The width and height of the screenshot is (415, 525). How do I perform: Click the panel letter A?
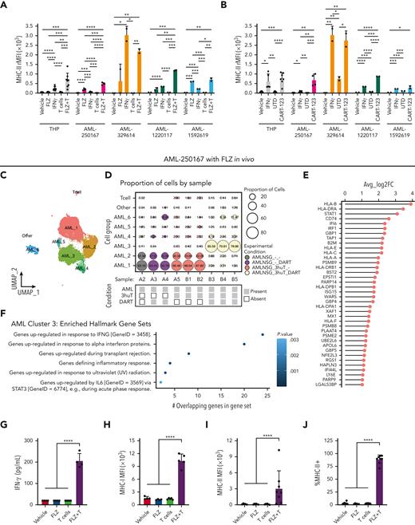pyautogui.click(x=5, y=6)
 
